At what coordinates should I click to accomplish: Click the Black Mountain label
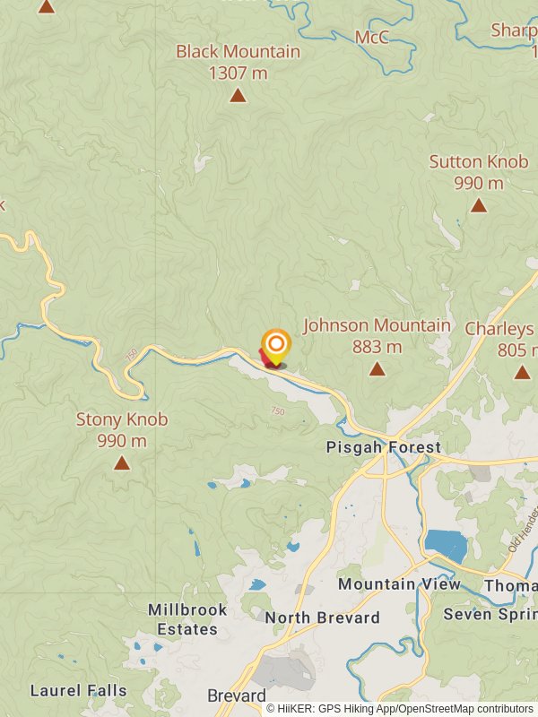(x=238, y=62)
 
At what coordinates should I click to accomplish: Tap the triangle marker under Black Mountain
(x=238, y=95)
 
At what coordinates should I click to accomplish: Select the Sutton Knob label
(x=479, y=172)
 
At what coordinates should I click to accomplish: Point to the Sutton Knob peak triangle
(x=479, y=205)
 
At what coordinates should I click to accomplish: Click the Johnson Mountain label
(x=377, y=335)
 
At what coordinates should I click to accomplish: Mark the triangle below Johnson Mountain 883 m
(x=377, y=369)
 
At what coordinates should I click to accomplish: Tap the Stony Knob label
(x=122, y=429)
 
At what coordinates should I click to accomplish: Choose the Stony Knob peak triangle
(x=121, y=463)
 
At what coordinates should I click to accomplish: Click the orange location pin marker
(x=276, y=345)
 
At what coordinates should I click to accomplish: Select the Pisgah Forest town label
(x=384, y=447)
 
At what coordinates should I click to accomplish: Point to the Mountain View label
(x=399, y=584)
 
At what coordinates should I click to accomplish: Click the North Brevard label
(x=322, y=618)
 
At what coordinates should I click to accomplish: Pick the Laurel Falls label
(x=78, y=691)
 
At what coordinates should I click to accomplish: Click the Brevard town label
(x=237, y=696)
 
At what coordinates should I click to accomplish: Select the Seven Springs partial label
(x=490, y=615)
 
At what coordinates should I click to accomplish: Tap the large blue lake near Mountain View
(x=446, y=545)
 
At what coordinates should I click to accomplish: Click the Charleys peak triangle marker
(x=522, y=372)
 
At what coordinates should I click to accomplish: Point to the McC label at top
(x=372, y=37)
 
